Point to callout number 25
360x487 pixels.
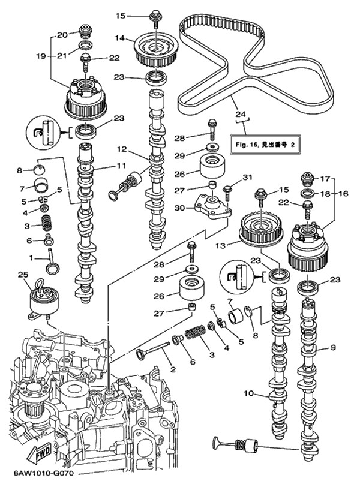coord(23,275)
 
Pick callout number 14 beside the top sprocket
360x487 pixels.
coord(120,38)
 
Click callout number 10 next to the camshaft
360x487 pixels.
coord(249,394)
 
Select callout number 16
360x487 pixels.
coord(344,194)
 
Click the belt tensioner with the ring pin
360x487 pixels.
coord(44,301)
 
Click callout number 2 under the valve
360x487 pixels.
coord(173,369)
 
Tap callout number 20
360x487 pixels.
coord(62,35)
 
